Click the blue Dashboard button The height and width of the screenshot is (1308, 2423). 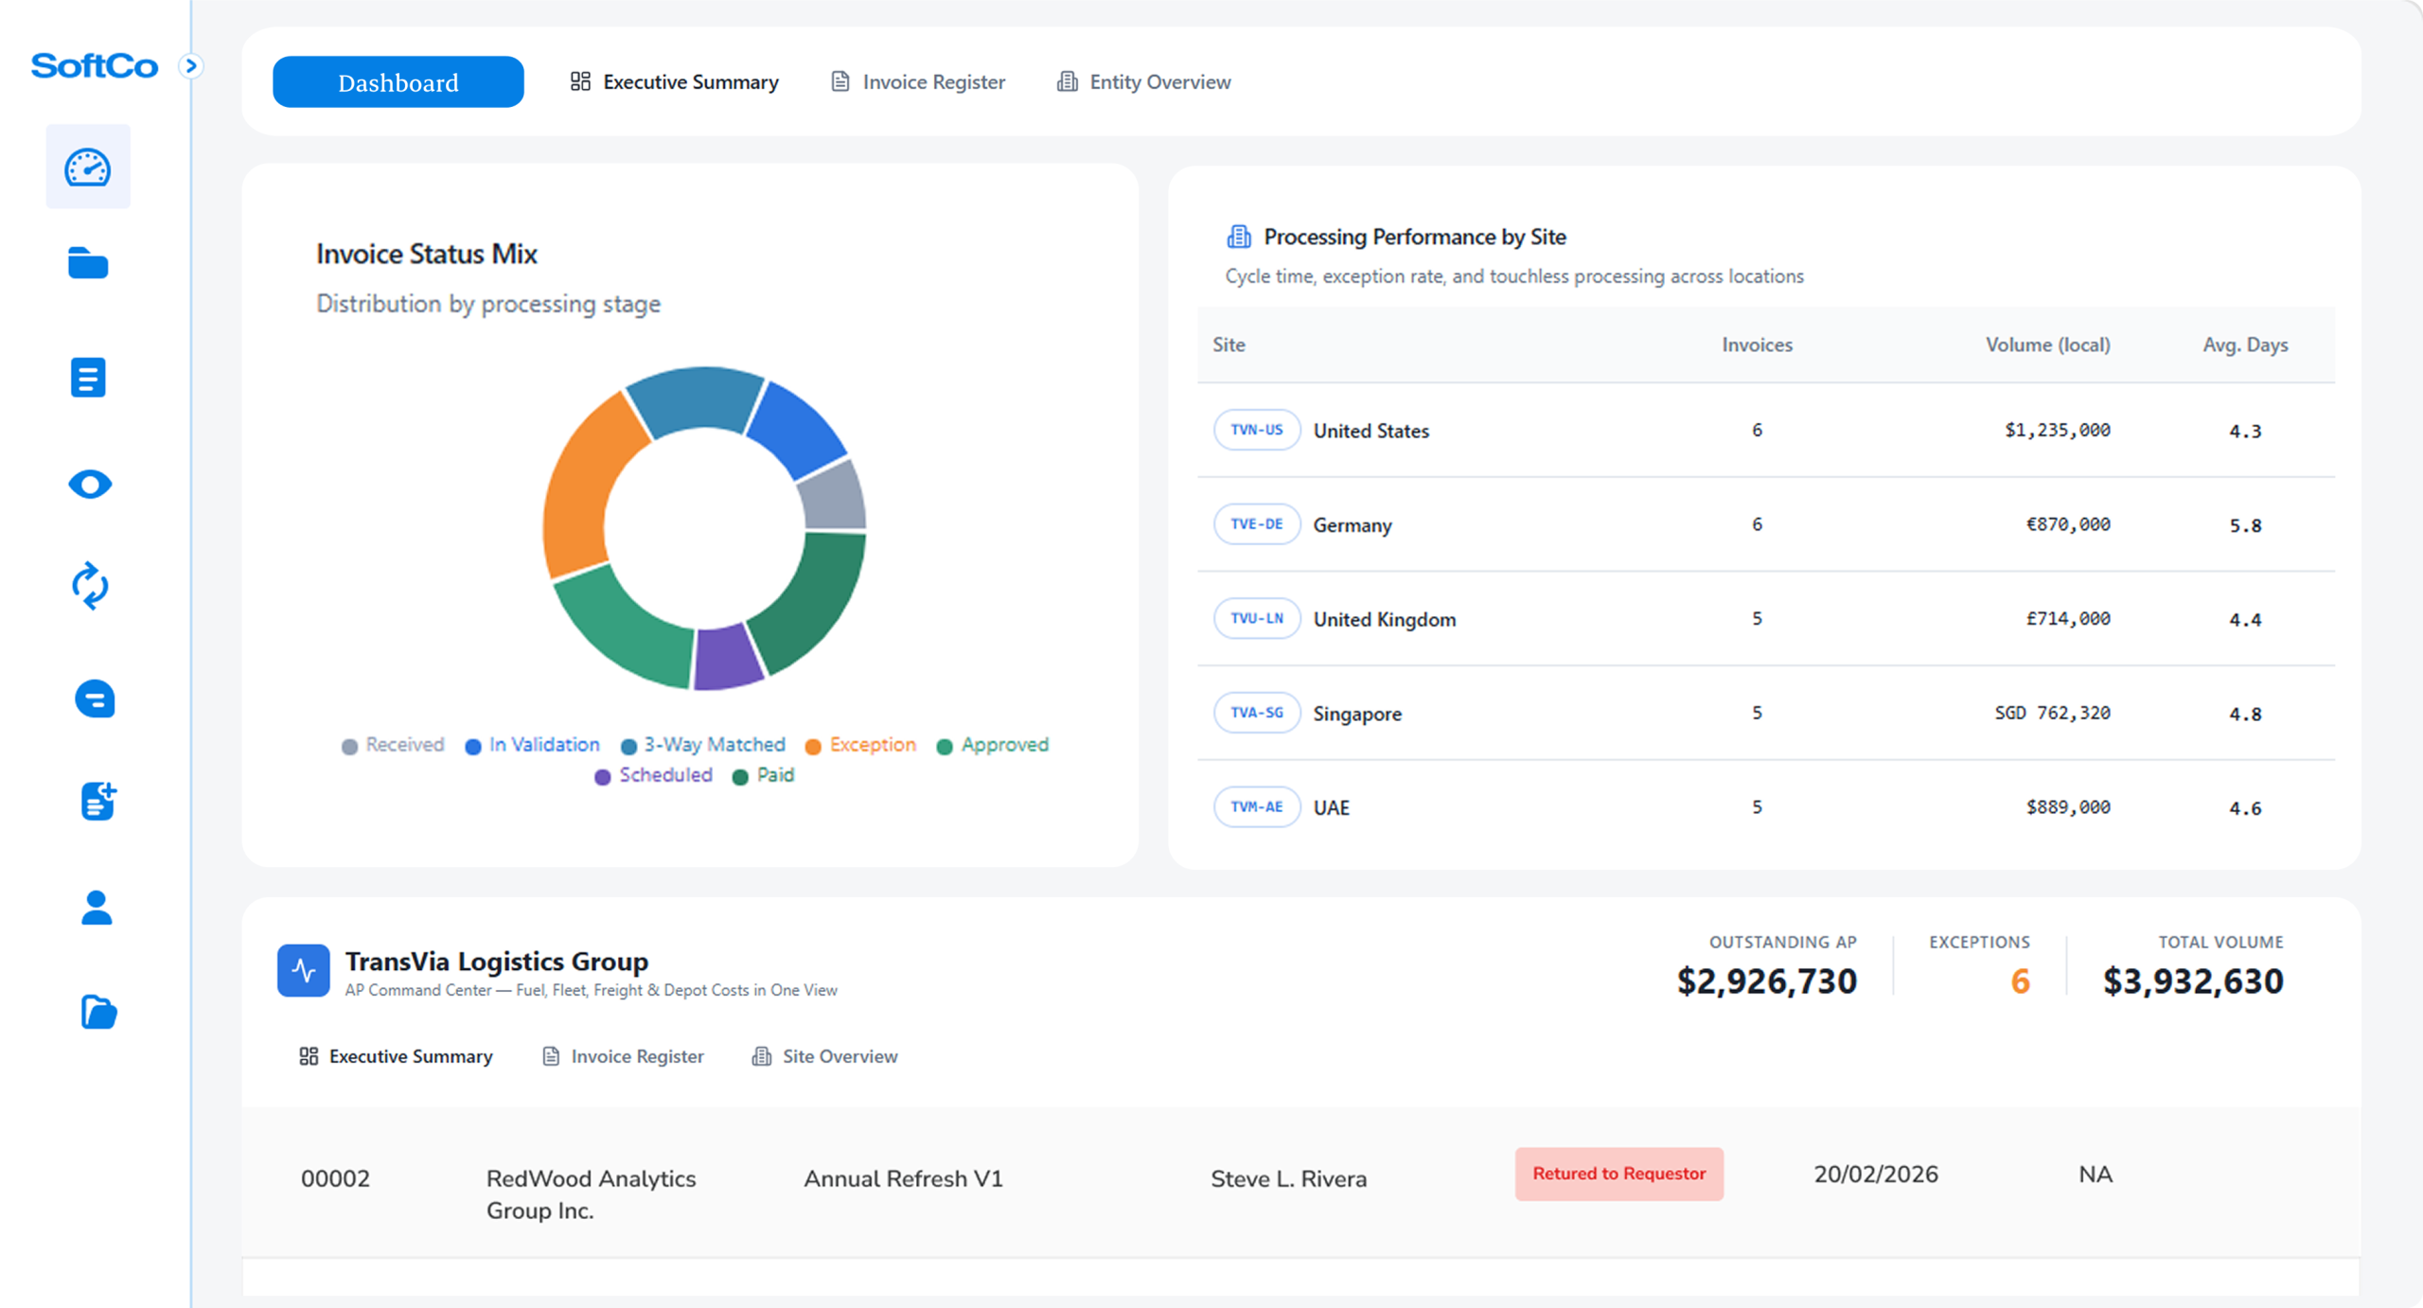(x=398, y=82)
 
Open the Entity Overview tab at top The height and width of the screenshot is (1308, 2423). (x=1143, y=82)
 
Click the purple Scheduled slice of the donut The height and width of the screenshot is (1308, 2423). (x=726, y=656)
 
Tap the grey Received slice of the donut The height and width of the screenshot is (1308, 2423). (x=831, y=495)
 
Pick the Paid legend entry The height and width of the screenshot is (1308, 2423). (x=764, y=775)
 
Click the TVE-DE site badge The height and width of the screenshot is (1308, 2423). (x=1256, y=524)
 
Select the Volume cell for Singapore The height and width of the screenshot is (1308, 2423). (x=2051, y=713)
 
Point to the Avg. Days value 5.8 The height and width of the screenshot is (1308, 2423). (x=2244, y=525)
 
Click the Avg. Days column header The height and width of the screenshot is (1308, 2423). (x=2244, y=345)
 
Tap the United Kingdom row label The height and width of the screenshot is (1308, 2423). (x=1384, y=619)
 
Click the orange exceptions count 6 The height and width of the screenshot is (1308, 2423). (x=2020, y=981)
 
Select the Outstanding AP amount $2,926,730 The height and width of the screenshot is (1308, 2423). (x=1766, y=981)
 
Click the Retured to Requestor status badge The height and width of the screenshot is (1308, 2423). (x=1618, y=1174)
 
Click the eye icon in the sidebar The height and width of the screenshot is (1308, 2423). (x=90, y=485)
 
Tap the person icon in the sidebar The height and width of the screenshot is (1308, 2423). (x=97, y=908)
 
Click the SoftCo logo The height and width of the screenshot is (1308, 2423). (x=95, y=66)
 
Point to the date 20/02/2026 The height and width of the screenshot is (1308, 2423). (x=1875, y=1175)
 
